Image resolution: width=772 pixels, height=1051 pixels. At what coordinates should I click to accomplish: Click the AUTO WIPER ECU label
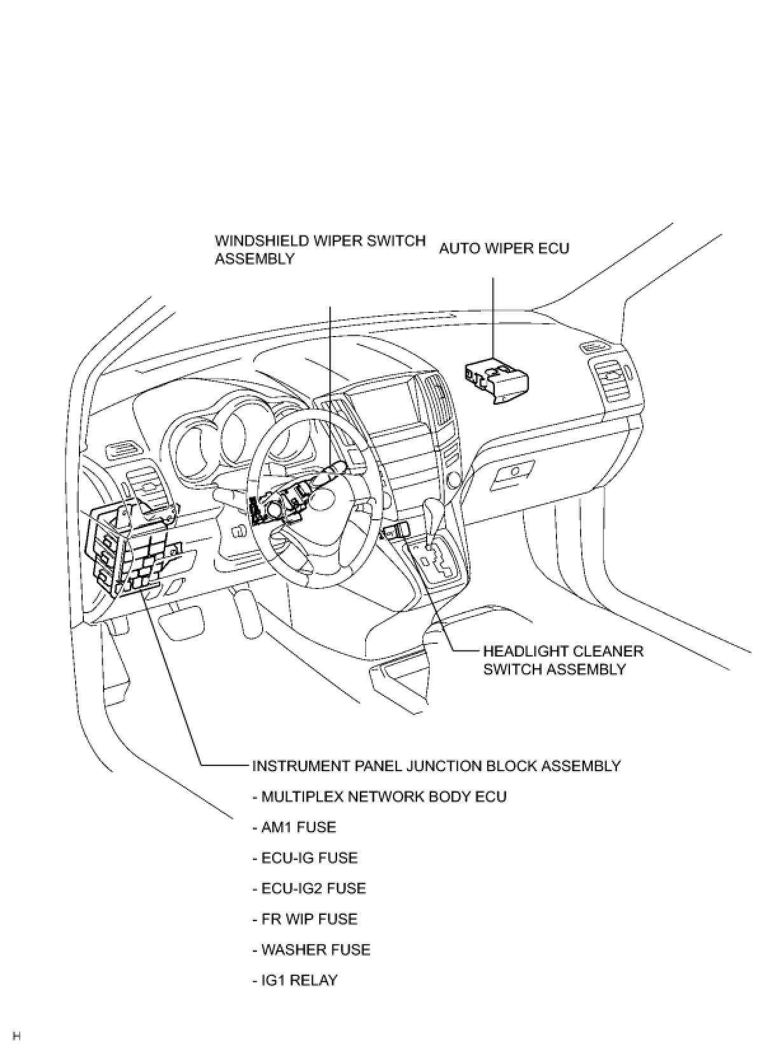pos(504,248)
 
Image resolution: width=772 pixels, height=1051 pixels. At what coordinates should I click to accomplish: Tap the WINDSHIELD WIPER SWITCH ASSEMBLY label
pos(320,249)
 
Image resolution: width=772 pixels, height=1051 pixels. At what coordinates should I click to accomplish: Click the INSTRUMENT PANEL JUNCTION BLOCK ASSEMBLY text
pos(436,765)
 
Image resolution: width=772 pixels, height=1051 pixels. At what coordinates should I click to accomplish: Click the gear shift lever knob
pos(435,510)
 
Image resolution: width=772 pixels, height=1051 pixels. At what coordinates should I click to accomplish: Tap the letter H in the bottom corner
pos(17,1036)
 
